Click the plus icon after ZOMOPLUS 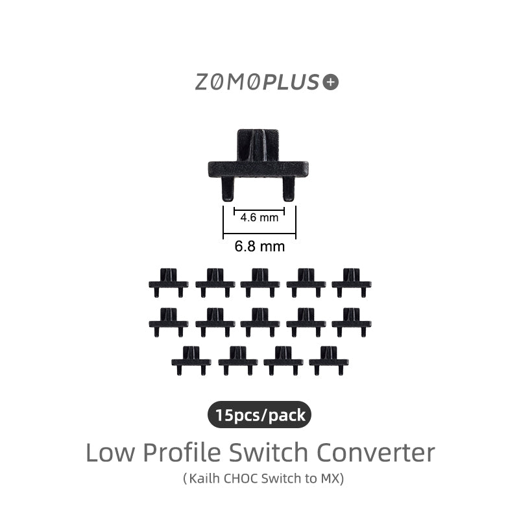click(x=331, y=82)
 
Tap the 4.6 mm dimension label click(x=259, y=217)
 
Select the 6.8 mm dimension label click(x=259, y=247)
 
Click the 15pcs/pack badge click(x=259, y=415)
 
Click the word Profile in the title click(x=183, y=452)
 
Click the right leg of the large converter click(x=289, y=188)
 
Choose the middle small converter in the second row click(x=260, y=320)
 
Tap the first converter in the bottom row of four click(x=191, y=359)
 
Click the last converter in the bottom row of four click(x=329, y=359)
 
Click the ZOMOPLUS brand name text click(x=258, y=82)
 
